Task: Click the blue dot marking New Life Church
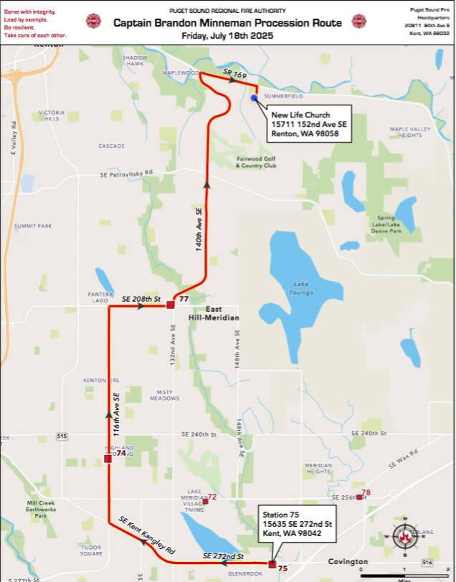tap(253, 99)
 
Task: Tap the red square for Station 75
tap(272, 564)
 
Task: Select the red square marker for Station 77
tap(171, 305)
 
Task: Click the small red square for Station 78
tap(359, 497)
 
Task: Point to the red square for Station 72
tap(205, 501)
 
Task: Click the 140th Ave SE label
tap(199, 228)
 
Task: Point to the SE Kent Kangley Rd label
tap(148, 531)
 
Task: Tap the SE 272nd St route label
tap(224, 556)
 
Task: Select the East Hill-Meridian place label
tap(213, 313)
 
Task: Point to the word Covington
tap(348, 562)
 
